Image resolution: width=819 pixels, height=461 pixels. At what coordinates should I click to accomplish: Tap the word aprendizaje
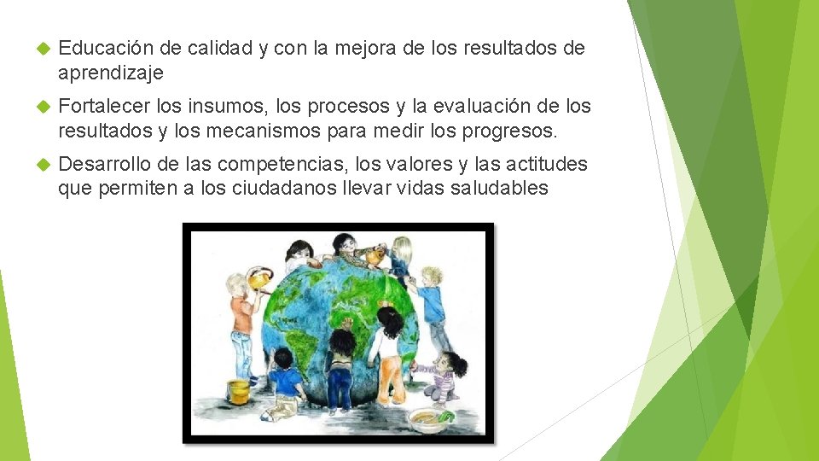(110, 73)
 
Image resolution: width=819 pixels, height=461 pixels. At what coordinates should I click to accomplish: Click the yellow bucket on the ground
(239, 391)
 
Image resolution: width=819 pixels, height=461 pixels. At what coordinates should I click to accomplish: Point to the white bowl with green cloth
(427, 418)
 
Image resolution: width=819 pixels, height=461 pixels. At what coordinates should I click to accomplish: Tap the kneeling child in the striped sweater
(444, 376)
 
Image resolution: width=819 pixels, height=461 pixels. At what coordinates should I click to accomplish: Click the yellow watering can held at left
(258, 278)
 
